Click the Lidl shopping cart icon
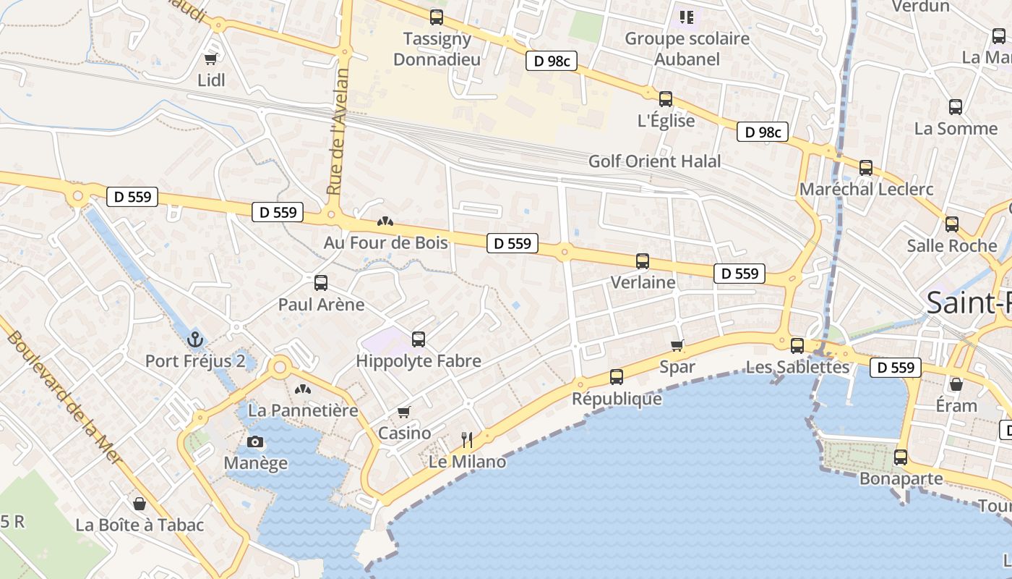(x=211, y=59)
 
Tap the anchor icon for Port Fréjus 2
(x=194, y=339)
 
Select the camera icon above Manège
(x=255, y=441)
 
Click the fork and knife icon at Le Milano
(x=467, y=439)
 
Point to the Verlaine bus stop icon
(x=643, y=261)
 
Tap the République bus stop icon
(x=617, y=376)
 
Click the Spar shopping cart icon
(x=677, y=345)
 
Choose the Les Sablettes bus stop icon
(x=797, y=345)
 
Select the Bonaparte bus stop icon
(x=901, y=457)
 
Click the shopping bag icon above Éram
(x=956, y=384)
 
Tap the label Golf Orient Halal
(x=655, y=161)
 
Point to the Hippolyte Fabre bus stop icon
(x=419, y=339)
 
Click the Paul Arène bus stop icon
(x=321, y=282)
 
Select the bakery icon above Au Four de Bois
(x=385, y=221)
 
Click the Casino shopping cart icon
(x=404, y=412)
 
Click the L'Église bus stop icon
(x=666, y=98)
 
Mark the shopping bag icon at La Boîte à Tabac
(x=140, y=503)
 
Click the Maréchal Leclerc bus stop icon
(x=866, y=168)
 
